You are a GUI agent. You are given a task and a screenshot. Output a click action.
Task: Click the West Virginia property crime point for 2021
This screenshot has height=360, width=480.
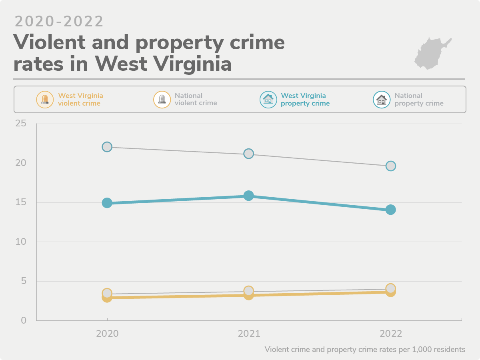[x=248, y=196]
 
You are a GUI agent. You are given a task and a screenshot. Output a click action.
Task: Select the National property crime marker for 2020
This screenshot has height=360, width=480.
[x=107, y=147]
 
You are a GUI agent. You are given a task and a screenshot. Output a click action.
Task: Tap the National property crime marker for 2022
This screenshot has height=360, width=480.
[x=391, y=166]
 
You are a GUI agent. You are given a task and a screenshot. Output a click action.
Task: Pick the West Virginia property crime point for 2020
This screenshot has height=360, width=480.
[x=107, y=203]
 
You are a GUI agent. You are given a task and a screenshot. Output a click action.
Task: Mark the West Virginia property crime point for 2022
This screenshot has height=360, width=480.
[x=391, y=210]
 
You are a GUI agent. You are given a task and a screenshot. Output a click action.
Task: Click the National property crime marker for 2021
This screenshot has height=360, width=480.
[x=248, y=154]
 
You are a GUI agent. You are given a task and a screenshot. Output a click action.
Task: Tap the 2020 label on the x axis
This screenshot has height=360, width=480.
[x=107, y=334]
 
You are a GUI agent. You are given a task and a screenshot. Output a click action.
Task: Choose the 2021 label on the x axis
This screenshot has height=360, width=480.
[x=249, y=334]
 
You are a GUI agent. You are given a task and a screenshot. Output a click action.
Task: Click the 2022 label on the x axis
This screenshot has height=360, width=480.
[x=391, y=334]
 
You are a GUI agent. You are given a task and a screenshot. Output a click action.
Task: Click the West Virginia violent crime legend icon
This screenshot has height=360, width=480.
[x=45, y=99]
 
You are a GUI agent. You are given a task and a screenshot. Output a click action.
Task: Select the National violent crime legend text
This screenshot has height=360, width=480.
[x=196, y=99]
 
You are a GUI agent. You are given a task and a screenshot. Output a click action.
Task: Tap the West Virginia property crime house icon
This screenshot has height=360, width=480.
[x=268, y=99]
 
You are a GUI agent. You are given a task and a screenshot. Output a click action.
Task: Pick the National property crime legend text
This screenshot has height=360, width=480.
[x=419, y=99]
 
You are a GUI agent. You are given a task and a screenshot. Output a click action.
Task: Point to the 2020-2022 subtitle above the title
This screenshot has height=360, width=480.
[x=59, y=22]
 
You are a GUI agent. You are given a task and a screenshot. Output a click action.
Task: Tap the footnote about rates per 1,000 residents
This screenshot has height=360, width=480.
[x=365, y=349]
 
